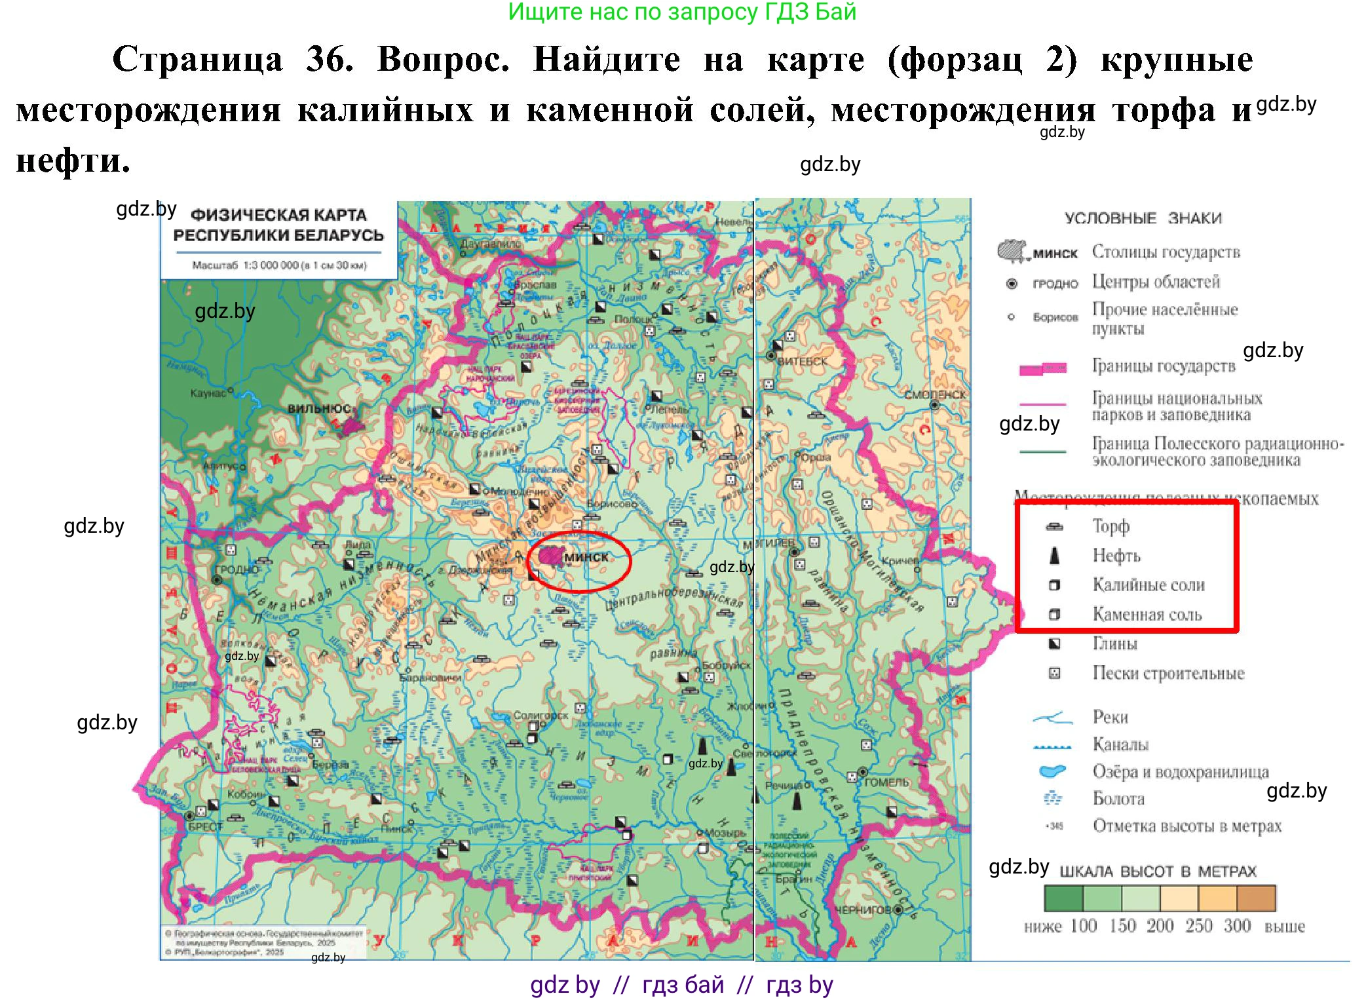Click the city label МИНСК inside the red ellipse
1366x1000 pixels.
pyautogui.click(x=586, y=557)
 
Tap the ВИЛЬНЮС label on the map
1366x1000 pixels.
pyautogui.click(x=318, y=408)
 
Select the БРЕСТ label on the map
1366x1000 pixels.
pyautogui.click(x=206, y=827)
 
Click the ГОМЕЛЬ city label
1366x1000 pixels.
pyautogui.click(x=887, y=782)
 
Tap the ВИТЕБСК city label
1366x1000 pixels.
pyautogui.click(x=803, y=361)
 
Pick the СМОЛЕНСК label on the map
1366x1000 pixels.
pyautogui.click(x=935, y=394)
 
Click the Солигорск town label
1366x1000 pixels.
pyautogui.click(x=541, y=715)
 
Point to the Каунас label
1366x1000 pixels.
pyautogui.click(x=208, y=393)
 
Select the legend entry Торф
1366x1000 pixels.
pyautogui.click(x=1110, y=526)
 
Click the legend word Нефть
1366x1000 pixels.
pyautogui.click(x=1116, y=556)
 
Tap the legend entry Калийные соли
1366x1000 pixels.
pyautogui.click(x=1148, y=585)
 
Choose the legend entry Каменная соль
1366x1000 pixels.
pyautogui.click(x=1147, y=614)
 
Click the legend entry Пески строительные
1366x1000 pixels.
pyautogui.click(x=1167, y=673)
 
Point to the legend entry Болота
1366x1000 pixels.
pyautogui.click(x=1118, y=798)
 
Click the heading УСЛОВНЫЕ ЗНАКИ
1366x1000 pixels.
pyautogui.click(x=1143, y=218)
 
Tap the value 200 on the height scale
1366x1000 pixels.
pyautogui.click(x=1160, y=926)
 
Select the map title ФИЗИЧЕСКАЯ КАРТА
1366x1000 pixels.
pyautogui.click(x=278, y=215)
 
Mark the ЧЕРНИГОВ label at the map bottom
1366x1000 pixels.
pyautogui.click(x=863, y=910)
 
